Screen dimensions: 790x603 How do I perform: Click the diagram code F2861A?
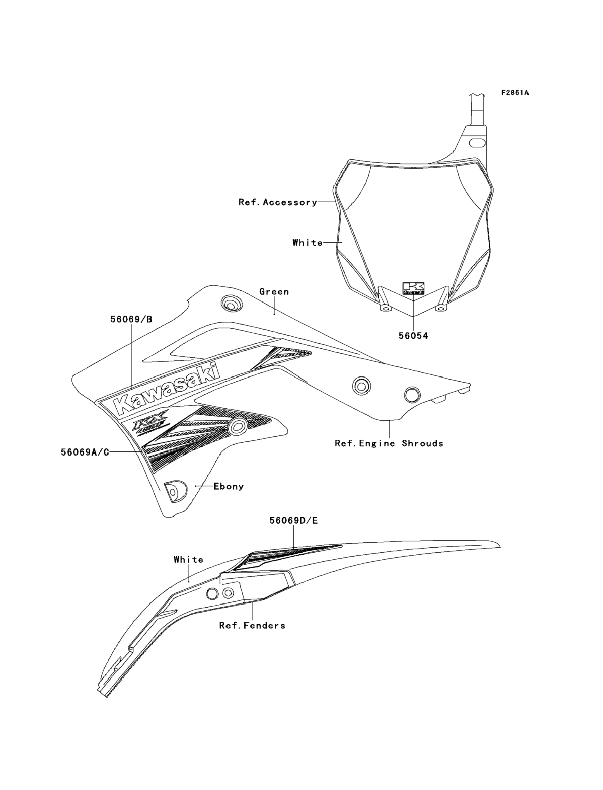pos(515,93)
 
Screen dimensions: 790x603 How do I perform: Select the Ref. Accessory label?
pos(278,202)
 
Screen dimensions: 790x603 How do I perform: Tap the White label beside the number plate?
pos(308,243)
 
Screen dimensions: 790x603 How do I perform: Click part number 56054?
pos(414,336)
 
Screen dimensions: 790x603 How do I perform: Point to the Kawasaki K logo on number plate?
pos(413,288)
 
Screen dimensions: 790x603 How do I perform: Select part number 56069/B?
pos(131,319)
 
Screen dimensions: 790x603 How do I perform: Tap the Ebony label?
pos(229,486)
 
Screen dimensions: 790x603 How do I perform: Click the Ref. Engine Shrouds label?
pos(389,443)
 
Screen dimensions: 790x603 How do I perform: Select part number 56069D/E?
pos(294,520)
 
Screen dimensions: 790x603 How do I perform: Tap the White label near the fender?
pos(188,560)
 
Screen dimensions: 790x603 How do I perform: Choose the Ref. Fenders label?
pos(252,626)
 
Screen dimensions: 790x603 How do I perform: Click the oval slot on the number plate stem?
pos(477,143)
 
